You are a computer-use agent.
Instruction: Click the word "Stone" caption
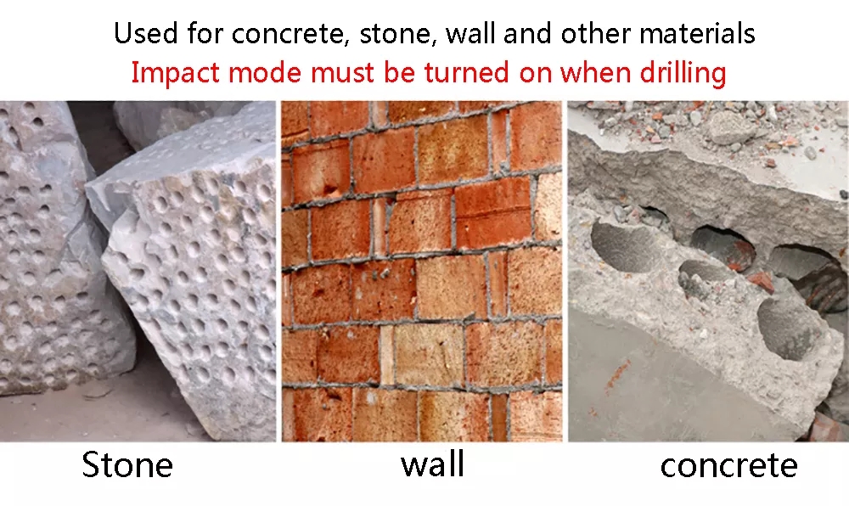[x=127, y=465]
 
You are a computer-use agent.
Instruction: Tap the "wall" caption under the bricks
[x=433, y=464]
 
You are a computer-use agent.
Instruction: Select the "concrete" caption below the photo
[x=728, y=465]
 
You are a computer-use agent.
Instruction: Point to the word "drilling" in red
[x=683, y=73]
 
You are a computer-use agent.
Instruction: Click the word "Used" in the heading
[x=146, y=33]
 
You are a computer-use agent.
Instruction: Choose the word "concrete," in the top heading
[x=290, y=34]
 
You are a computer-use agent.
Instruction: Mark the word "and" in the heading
[x=527, y=33]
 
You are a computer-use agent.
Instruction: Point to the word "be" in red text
[x=399, y=73]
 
